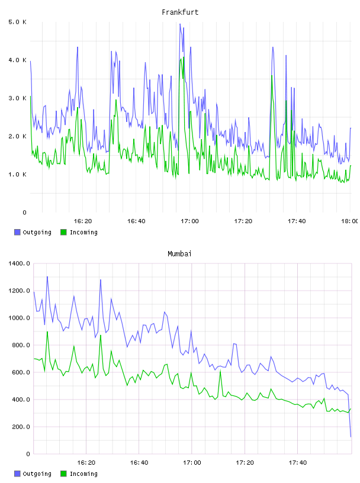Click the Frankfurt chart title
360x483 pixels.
point(180,12)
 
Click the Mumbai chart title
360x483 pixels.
point(179,254)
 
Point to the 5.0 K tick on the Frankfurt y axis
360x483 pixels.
point(18,22)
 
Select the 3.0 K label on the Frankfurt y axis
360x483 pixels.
point(18,98)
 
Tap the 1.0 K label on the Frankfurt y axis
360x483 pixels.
point(18,175)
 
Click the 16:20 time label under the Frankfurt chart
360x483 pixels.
point(83,221)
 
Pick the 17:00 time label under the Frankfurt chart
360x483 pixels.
point(189,221)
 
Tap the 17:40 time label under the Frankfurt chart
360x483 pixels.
point(297,221)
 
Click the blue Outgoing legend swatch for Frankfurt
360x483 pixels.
point(17,232)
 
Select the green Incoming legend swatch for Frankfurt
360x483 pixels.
point(63,232)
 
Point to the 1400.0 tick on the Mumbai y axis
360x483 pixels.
point(19,263)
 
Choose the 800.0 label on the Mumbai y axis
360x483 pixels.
point(19,345)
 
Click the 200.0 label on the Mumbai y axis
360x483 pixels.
point(19,427)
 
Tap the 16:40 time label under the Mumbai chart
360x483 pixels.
point(139,463)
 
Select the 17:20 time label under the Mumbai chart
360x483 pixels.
point(245,463)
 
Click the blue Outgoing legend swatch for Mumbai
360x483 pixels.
point(17,474)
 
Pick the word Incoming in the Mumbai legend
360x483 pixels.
point(83,474)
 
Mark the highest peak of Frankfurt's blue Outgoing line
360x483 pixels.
point(180,24)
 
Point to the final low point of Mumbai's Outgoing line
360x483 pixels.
point(351,436)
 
